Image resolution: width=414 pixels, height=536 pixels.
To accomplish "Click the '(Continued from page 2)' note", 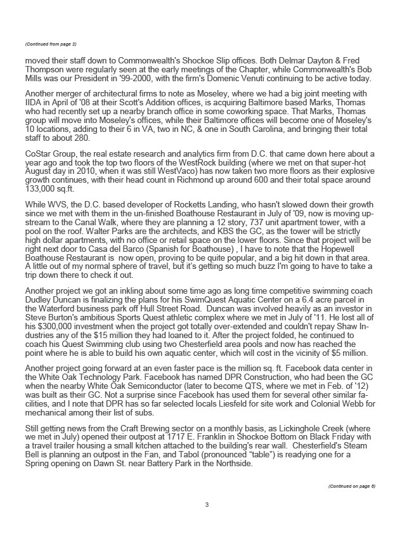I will pos(51,44).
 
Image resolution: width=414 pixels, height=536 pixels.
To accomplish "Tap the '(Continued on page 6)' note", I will pos(352,486).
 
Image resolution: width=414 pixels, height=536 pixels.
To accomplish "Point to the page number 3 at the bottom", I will pos(207,505).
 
